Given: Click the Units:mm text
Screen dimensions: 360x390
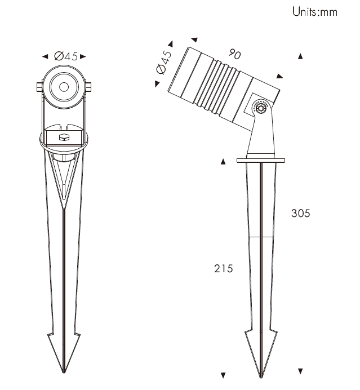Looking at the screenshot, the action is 315,12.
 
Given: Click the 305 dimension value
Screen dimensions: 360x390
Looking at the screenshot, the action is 301,214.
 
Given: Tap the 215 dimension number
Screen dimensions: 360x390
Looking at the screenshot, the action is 224,269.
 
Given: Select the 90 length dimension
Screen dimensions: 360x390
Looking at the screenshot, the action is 235,54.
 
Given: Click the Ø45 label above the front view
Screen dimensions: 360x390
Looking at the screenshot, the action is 66,56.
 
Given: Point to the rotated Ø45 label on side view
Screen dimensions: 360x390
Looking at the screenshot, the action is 164,62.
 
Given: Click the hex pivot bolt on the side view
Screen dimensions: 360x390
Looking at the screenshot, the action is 261,108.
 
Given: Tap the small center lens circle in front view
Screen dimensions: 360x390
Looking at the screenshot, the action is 64,87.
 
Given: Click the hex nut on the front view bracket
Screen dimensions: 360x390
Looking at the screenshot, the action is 64,138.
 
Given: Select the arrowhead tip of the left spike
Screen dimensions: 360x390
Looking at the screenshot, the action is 64,373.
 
